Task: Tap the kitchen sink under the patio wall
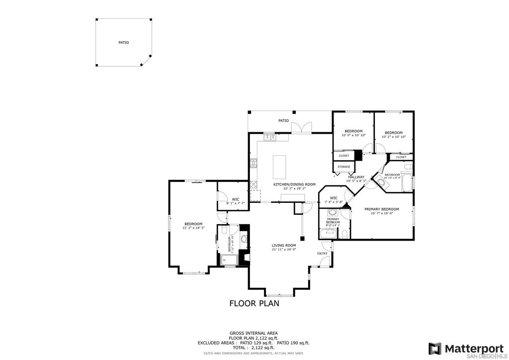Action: [x=269, y=137]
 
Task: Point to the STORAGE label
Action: [x=344, y=167]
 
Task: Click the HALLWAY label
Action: [x=356, y=177]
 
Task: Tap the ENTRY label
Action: [x=323, y=254]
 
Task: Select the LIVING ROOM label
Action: [x=284, y=245]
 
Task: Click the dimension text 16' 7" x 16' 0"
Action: [x=382, y=213]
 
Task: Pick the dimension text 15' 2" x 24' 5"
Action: [x=193, y=228]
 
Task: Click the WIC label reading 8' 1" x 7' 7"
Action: [x=236, y=199]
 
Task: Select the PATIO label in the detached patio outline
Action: [x=123, y=43]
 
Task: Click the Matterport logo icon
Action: [x=435, y=349]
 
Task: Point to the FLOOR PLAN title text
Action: [x=254, y=303]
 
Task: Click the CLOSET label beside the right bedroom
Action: [x=401, y=157]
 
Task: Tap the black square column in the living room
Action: [x=302, y=238]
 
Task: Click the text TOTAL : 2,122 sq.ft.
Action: [x=254, y=348]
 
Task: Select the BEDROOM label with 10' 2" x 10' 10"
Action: [x=394, y=132]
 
